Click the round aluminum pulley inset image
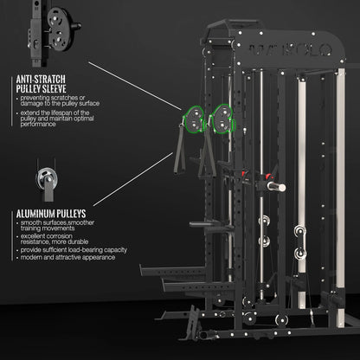(42, 180)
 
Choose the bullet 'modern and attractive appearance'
(65, 258)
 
